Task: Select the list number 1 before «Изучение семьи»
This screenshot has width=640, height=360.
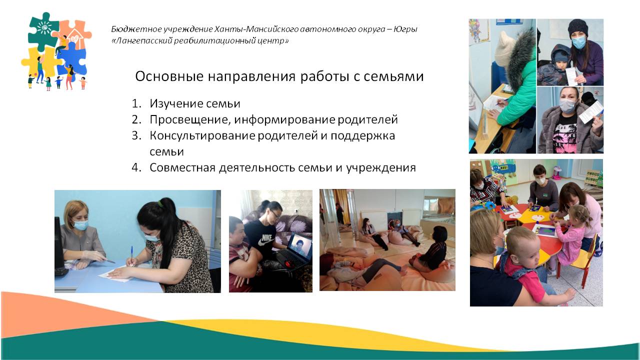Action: [x=136, y=103]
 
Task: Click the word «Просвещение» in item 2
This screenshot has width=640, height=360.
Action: [x=190, y=119]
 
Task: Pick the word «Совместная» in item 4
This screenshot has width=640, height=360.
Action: [x=182, y=167]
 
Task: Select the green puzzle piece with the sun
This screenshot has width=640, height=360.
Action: [x=43, y=31]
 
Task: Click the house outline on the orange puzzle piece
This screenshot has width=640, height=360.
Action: [x=75, y=36]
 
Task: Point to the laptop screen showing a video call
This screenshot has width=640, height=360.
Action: [x=299, y=245]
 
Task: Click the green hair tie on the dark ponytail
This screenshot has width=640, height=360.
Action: [x=161, y=203]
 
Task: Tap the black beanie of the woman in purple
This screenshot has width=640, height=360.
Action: [x=577, y=27]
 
